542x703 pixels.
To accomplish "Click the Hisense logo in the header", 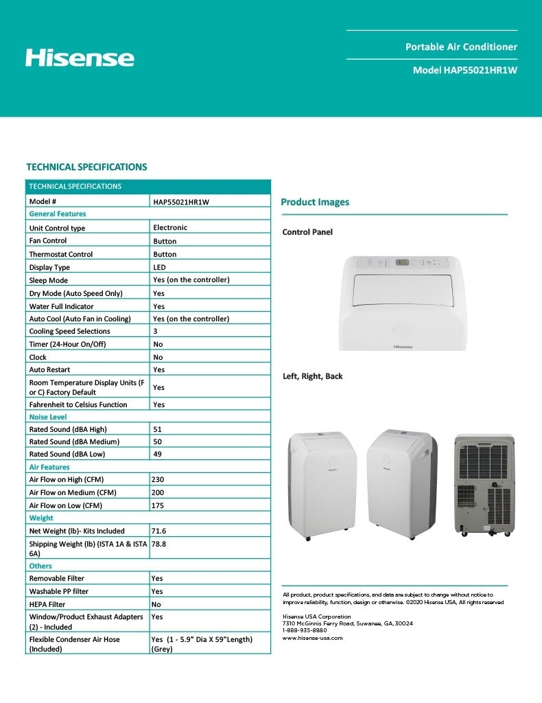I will [80, 58].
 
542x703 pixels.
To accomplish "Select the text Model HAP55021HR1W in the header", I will [464, 70].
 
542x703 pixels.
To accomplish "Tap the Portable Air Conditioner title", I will [461, 47].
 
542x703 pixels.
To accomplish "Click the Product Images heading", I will [315, 202].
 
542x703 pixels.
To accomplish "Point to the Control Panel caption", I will [307, 232].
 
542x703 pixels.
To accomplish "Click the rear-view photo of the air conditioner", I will [484, 484].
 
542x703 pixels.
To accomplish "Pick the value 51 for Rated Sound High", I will [158, 429].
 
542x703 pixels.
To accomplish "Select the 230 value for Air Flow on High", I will [158, 479].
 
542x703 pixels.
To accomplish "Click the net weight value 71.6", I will [158, 531].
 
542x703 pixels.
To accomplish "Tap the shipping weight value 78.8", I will [158, 543].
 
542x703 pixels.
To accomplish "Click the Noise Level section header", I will [48, 417].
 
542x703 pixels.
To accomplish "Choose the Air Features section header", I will [49, 467].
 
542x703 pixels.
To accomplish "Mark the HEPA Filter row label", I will [52, 604].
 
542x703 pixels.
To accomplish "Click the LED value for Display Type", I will [159, 267].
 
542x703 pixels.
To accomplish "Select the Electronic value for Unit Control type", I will [170, 227].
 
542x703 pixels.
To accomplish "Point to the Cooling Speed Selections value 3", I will [156, 332].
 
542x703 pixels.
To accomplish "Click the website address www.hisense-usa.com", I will [312, 638].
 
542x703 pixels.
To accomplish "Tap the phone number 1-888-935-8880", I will [305, 630].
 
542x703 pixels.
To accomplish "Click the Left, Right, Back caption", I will [312, 376].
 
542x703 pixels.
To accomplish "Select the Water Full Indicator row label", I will [61, 306].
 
